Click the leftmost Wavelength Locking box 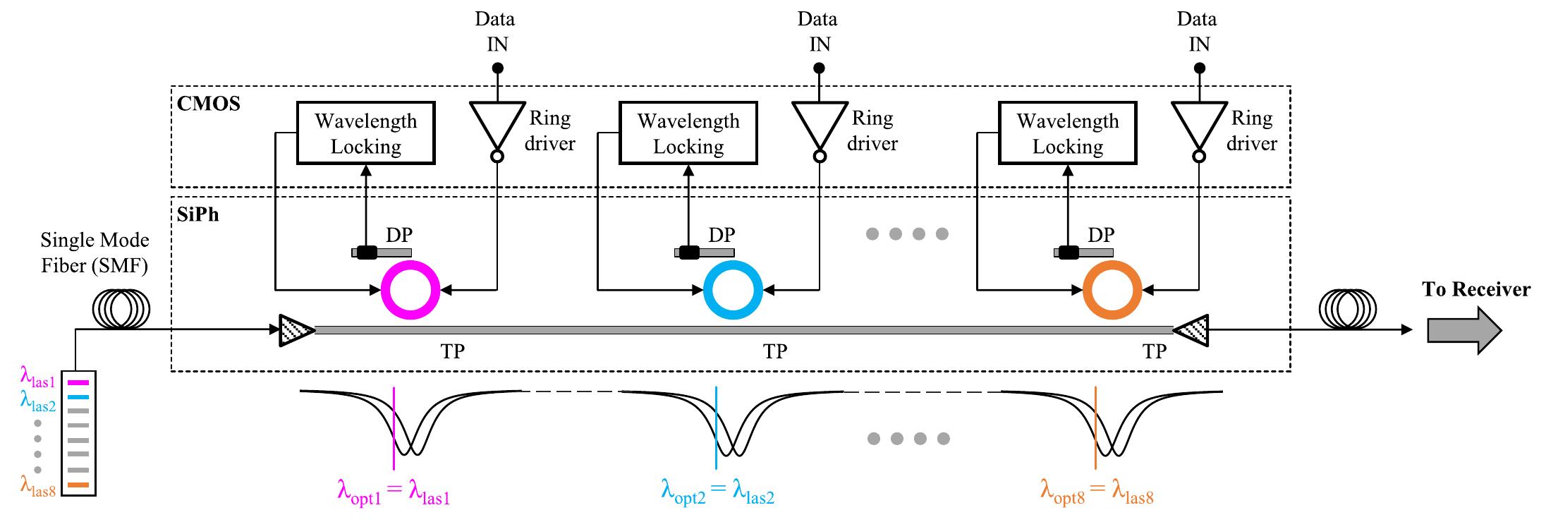click(365, 133)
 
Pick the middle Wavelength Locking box click(688, 133)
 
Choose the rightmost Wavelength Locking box click(1067, 133)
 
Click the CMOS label click(208, 104)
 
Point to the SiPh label click(197, 214)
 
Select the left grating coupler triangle click(296, 330)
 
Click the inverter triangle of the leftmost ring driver click(497, 124)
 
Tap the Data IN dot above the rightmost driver click(1199, 68)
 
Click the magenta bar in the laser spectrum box click(78, 382)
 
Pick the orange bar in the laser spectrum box click(78, 485)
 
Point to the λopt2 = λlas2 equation click(717, 490)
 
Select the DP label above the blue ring click(722, 235)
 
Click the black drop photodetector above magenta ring click(367, 253)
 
